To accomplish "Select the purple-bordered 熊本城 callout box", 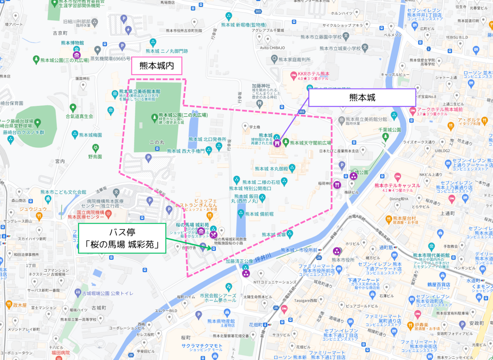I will click(362, 98).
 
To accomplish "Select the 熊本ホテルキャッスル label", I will click(397, 186).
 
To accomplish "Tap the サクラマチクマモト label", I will click(202, 346).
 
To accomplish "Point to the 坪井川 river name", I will click(263, 257).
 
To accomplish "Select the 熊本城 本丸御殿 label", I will click(272, 168).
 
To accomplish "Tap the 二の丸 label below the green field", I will click(157, 142).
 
